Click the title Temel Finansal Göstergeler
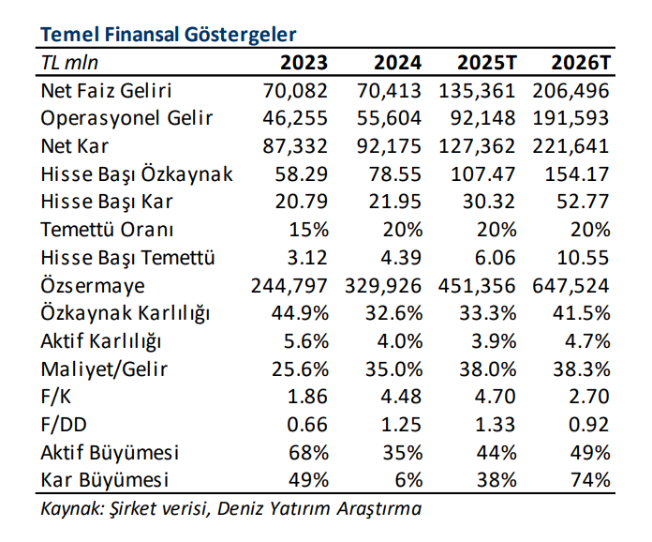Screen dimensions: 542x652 click(168, 35)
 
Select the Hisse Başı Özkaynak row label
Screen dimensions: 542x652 click(137, 174)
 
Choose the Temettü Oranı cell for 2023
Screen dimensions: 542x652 click(310, 230)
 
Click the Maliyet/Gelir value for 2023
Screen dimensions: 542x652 click(303, 369)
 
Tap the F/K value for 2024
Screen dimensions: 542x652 click(401, 397)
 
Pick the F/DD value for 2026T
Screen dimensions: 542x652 click(589, 425)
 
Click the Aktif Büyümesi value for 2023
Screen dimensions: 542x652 click(310, 453)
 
